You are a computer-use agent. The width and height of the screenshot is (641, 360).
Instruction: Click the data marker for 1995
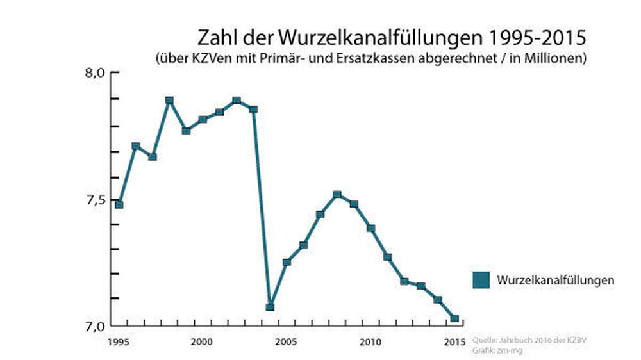click(119, 204)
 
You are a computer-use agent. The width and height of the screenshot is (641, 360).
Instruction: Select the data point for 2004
click(270, 307)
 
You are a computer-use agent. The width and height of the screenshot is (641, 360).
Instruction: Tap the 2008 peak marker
click(337, 194)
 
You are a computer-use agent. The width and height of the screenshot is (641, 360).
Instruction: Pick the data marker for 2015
click(454, 318)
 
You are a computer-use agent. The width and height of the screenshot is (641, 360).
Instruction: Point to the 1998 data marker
click(169, 101)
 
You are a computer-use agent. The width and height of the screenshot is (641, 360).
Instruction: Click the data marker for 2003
click(253, 110)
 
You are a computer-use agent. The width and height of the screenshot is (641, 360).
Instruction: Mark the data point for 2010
click(370, 228)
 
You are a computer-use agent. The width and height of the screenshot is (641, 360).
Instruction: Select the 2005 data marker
click(287, 262)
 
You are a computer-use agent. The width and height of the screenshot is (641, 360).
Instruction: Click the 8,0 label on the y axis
click(96, 72)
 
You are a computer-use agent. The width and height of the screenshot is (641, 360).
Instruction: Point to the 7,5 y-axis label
click(96, 200)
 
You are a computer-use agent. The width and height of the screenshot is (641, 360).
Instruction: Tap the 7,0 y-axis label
click(96, 327)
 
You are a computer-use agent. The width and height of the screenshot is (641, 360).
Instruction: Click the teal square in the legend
click(481, 281)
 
